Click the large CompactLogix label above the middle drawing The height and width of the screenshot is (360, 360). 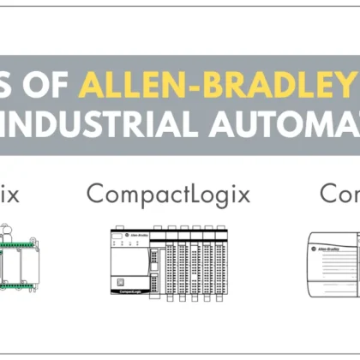[168, 194]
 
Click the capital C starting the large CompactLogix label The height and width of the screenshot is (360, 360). [95, 194]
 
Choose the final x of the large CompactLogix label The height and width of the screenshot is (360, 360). [243, 194]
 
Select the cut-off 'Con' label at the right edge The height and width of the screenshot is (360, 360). [339, 194]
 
